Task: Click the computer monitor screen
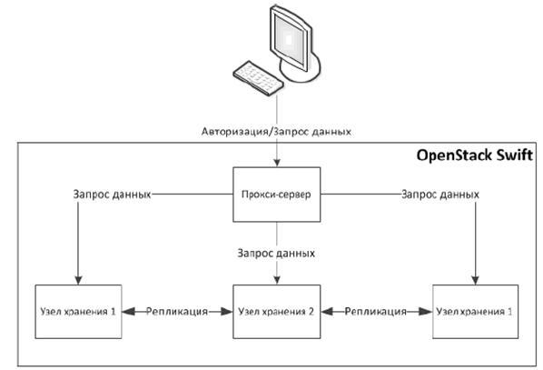tap(290, 39)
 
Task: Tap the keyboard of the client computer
tap(259, 78)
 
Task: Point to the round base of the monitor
tap(301, 67)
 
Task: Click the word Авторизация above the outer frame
tap(234, 132)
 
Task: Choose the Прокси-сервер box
tap(276, 195)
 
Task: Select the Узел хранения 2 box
tap(276, 312)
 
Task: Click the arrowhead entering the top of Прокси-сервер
tap(277, 163)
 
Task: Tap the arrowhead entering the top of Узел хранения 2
tap(277, 280)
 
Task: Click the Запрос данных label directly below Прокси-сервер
tap(276, 254)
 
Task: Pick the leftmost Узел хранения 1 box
tap(78, 312)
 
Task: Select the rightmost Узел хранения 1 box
tap(476, 312)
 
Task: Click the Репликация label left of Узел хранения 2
tap(177, 312)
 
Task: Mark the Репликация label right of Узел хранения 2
tap(375, 312)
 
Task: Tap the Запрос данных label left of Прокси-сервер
tap(112, 195)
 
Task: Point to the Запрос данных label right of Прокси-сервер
tap(440, 195)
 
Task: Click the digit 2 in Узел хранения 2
tap(311, 312)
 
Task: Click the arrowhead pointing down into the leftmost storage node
tap(78, 280)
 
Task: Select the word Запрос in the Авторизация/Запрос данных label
tap(291, 132)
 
